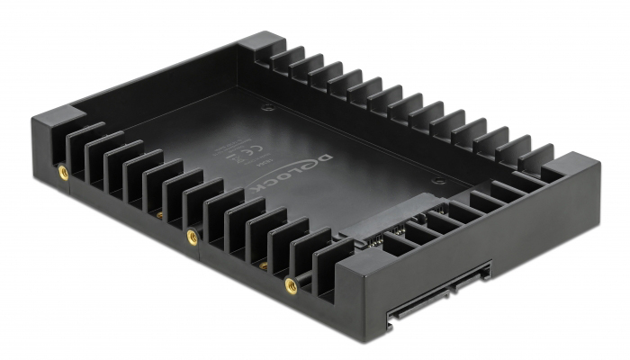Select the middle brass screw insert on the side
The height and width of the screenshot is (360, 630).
pyautogui.click(x=192, y=237)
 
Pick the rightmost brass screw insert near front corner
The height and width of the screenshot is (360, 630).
pyautogui.click(x=291, y=286)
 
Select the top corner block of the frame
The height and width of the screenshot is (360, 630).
pyautogui.click(x=262, y=45)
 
